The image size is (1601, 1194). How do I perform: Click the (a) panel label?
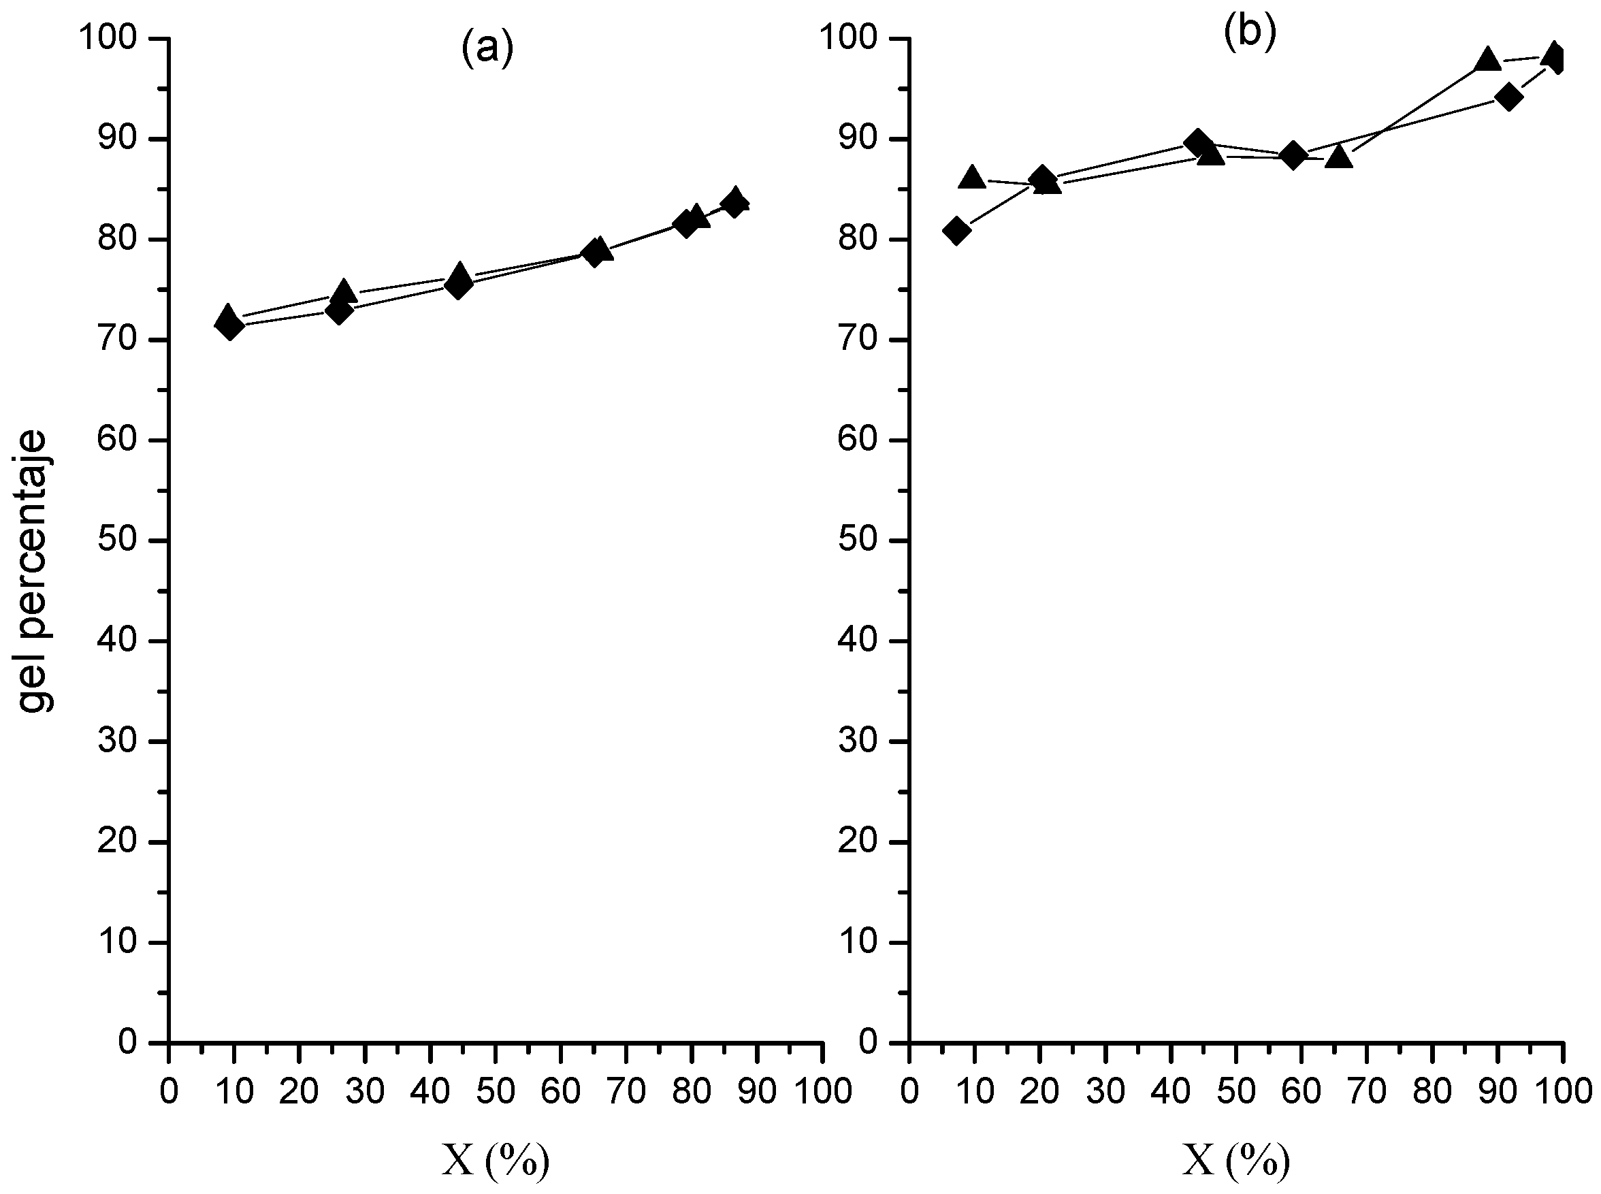tap(487, 49)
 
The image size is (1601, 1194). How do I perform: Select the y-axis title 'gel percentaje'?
tap(34, 571)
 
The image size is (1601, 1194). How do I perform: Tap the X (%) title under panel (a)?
tap(495, 1161)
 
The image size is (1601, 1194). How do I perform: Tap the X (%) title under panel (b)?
tap(1236, 1161)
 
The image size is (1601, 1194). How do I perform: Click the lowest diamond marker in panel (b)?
tap(956, 231)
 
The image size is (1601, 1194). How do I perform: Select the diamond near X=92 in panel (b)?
tap(1508, 97)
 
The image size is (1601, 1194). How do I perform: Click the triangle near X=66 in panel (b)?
tap(1340, 156)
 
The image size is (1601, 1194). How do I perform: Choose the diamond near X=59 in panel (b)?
tap(1293, 155)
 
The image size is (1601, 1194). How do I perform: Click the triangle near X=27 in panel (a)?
tap(343, 291)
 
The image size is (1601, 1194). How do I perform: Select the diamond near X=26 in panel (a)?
tap(338, 311)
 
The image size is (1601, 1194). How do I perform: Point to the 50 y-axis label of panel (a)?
tap(118, 540)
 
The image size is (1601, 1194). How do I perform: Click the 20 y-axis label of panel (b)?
tap(858, 842)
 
